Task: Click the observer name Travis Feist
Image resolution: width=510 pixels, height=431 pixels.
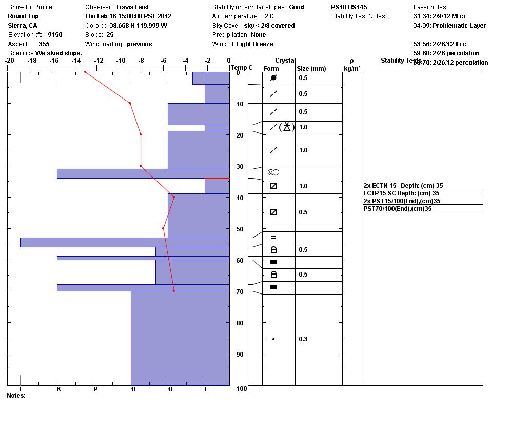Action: click(x=132, y=7)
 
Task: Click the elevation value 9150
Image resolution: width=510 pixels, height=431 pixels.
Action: click(x=55, y=35)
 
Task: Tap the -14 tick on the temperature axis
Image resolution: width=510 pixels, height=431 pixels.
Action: click(x=76, y=61)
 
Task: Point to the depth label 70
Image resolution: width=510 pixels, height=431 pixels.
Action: click(x=240, y=292)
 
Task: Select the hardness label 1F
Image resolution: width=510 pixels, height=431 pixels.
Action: click(x=134, y=389)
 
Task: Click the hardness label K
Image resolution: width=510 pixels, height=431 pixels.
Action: click(x=58, y=389)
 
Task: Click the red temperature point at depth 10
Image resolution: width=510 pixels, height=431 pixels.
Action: click(x=130, y=103)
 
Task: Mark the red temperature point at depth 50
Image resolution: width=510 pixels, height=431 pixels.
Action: click(x=163, y=228)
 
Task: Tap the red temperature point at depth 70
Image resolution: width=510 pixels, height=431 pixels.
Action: click(x=174, y=291)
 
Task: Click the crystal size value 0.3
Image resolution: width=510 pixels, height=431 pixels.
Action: click(x=303, y=339)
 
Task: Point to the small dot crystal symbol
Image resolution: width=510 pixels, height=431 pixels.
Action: click(x=273, y=339)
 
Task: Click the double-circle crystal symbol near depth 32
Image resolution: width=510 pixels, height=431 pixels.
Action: click(x=273, y=173)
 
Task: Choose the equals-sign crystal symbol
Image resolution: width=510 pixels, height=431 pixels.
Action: click(x=273, y=238)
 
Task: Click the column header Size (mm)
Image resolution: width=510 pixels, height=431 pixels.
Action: click(x=311, y=69)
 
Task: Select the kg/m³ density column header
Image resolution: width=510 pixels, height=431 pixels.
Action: click(x=352, y=69)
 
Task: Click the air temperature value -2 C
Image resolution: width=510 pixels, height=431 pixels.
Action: click(x=265, y=16)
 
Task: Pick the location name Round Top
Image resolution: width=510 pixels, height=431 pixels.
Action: click(x=23, y=16)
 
